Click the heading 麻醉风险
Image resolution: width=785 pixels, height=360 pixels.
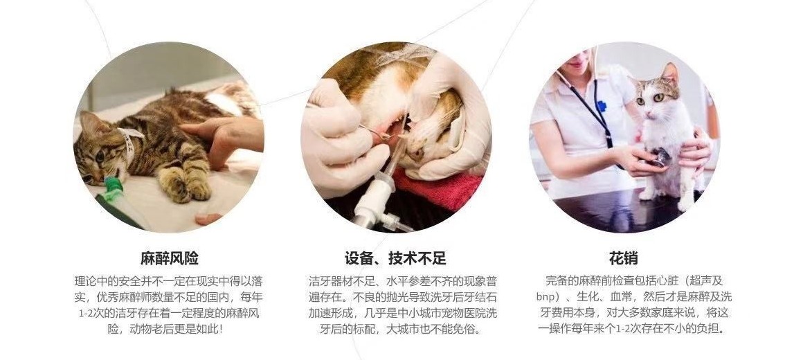click(169, 259)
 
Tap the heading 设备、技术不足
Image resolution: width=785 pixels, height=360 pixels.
click(395, 259)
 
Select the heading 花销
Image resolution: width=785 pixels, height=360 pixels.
click(623, 259)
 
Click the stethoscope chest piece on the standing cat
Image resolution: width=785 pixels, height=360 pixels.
click(661, 158)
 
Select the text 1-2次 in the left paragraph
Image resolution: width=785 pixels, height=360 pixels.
click(89, 313)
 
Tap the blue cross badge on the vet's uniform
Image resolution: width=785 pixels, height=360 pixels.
click(602, 107)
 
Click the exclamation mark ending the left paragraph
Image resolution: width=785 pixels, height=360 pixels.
click(220, 329)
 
